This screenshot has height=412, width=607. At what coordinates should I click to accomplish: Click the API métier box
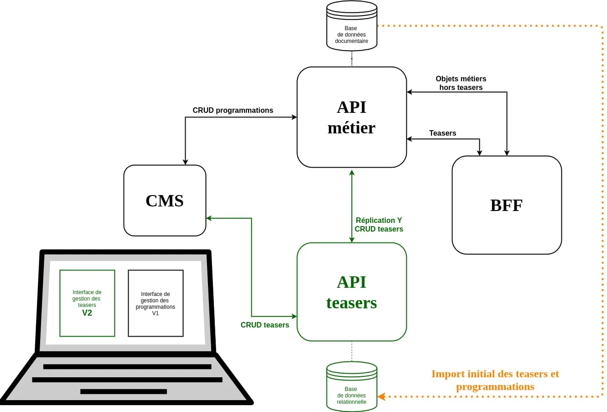click(352, 117)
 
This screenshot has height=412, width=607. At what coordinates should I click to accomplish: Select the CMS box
click(165, 201)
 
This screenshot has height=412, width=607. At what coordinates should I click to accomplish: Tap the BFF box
click(507, 205)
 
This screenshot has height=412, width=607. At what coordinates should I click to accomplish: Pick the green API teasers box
click(352, 292)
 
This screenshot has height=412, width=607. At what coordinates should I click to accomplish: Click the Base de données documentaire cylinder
click(352, 26)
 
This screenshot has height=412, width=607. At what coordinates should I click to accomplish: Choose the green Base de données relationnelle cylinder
click(352, 387)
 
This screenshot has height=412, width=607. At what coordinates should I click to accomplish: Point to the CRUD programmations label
click(233, 110)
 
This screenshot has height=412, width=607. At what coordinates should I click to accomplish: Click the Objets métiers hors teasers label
click(461, 83)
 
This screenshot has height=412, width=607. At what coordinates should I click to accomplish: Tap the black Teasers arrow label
click(442, 133)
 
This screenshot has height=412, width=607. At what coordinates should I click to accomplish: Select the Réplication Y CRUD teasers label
click(379, 225)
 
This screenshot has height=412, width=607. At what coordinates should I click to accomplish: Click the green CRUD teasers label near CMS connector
click(265, 325)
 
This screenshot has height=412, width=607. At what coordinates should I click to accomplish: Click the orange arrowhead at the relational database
click(381, 396)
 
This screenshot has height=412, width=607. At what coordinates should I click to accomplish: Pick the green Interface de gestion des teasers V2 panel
click(87, 303)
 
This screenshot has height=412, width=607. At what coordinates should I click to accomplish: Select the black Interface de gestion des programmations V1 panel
click(156, 303)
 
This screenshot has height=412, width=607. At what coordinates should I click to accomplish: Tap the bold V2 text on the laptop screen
click(87, 313)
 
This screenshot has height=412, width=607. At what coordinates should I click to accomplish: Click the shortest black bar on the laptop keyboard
click(124, 391)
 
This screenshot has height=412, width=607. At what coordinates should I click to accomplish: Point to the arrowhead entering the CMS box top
click(185, 162)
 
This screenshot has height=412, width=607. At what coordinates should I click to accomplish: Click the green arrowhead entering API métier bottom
click(352, 173)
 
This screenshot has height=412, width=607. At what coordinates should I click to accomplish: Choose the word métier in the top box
click(352, 127)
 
